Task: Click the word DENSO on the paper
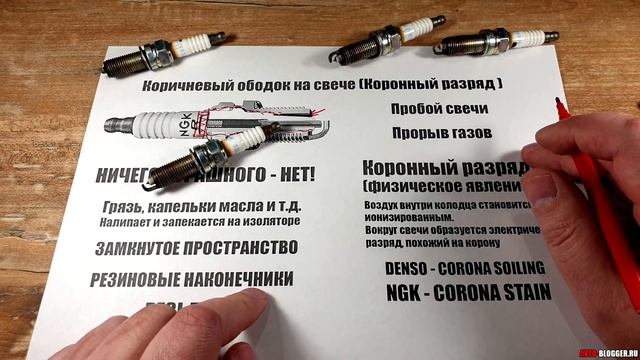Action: coord(416,268)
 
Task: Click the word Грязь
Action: coord(122,205)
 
